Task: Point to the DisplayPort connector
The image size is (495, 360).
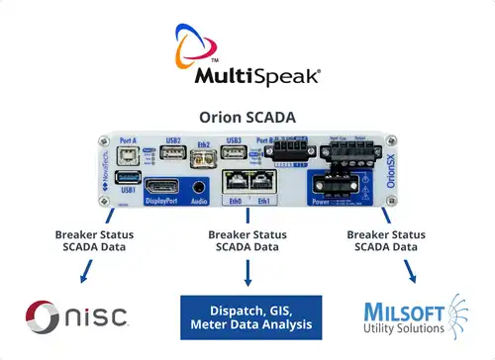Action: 164,187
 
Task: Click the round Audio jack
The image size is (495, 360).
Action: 201,186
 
